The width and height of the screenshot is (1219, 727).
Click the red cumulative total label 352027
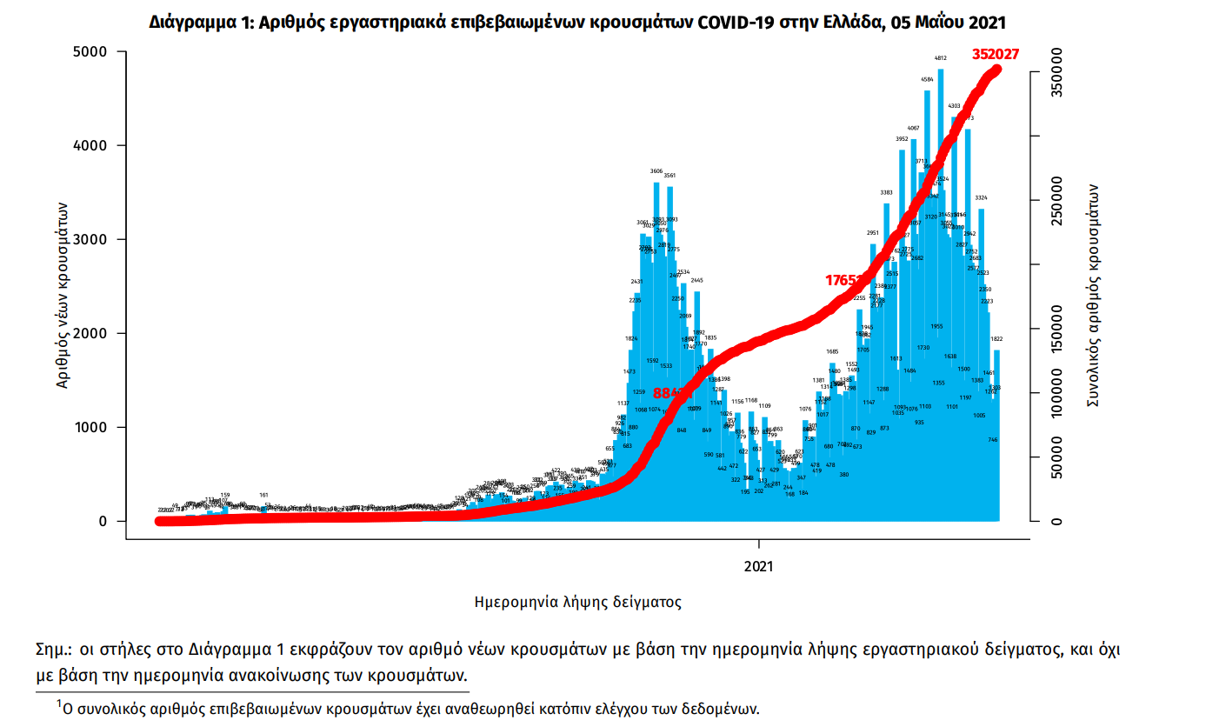tap(996, 54)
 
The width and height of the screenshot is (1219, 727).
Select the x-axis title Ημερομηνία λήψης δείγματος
tap(577, 601)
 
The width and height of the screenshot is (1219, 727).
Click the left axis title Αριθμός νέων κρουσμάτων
tap(63, 296)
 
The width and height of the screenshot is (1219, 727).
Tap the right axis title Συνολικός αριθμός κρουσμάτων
tap(1094, 296)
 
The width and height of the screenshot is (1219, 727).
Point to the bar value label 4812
tap(941, 60)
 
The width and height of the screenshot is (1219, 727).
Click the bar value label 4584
tap(927, 80)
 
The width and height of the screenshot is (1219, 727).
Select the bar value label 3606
tap(656, 171)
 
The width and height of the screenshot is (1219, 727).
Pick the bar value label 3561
tap(669, 176)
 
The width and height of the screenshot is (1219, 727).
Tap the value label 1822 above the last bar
tap(997, 339)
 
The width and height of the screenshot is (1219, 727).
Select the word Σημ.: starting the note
tap(54, 650)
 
